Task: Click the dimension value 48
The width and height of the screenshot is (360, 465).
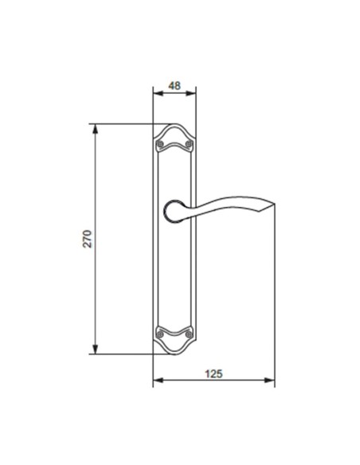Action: click(x=174, y=84)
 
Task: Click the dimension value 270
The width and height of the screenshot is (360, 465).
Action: click(x=88, y=238)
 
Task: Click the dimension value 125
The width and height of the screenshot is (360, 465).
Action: click(x=213, y=373)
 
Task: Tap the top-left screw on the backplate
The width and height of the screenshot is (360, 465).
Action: click(x=160, y=144)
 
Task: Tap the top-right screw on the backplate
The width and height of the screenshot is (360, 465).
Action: click(x=188, y=144)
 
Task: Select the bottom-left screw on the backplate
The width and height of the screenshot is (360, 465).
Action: click(x=160, y=334)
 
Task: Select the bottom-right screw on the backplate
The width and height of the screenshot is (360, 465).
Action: click(x=188, y=334)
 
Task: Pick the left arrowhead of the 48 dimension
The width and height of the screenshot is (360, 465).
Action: click(x=156, y=94)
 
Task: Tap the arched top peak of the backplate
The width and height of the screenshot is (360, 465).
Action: click(x=174, y=125)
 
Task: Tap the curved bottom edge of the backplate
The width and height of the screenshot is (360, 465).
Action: click(x=174, y=354)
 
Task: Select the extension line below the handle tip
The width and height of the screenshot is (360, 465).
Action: click(x=275, y=303)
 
